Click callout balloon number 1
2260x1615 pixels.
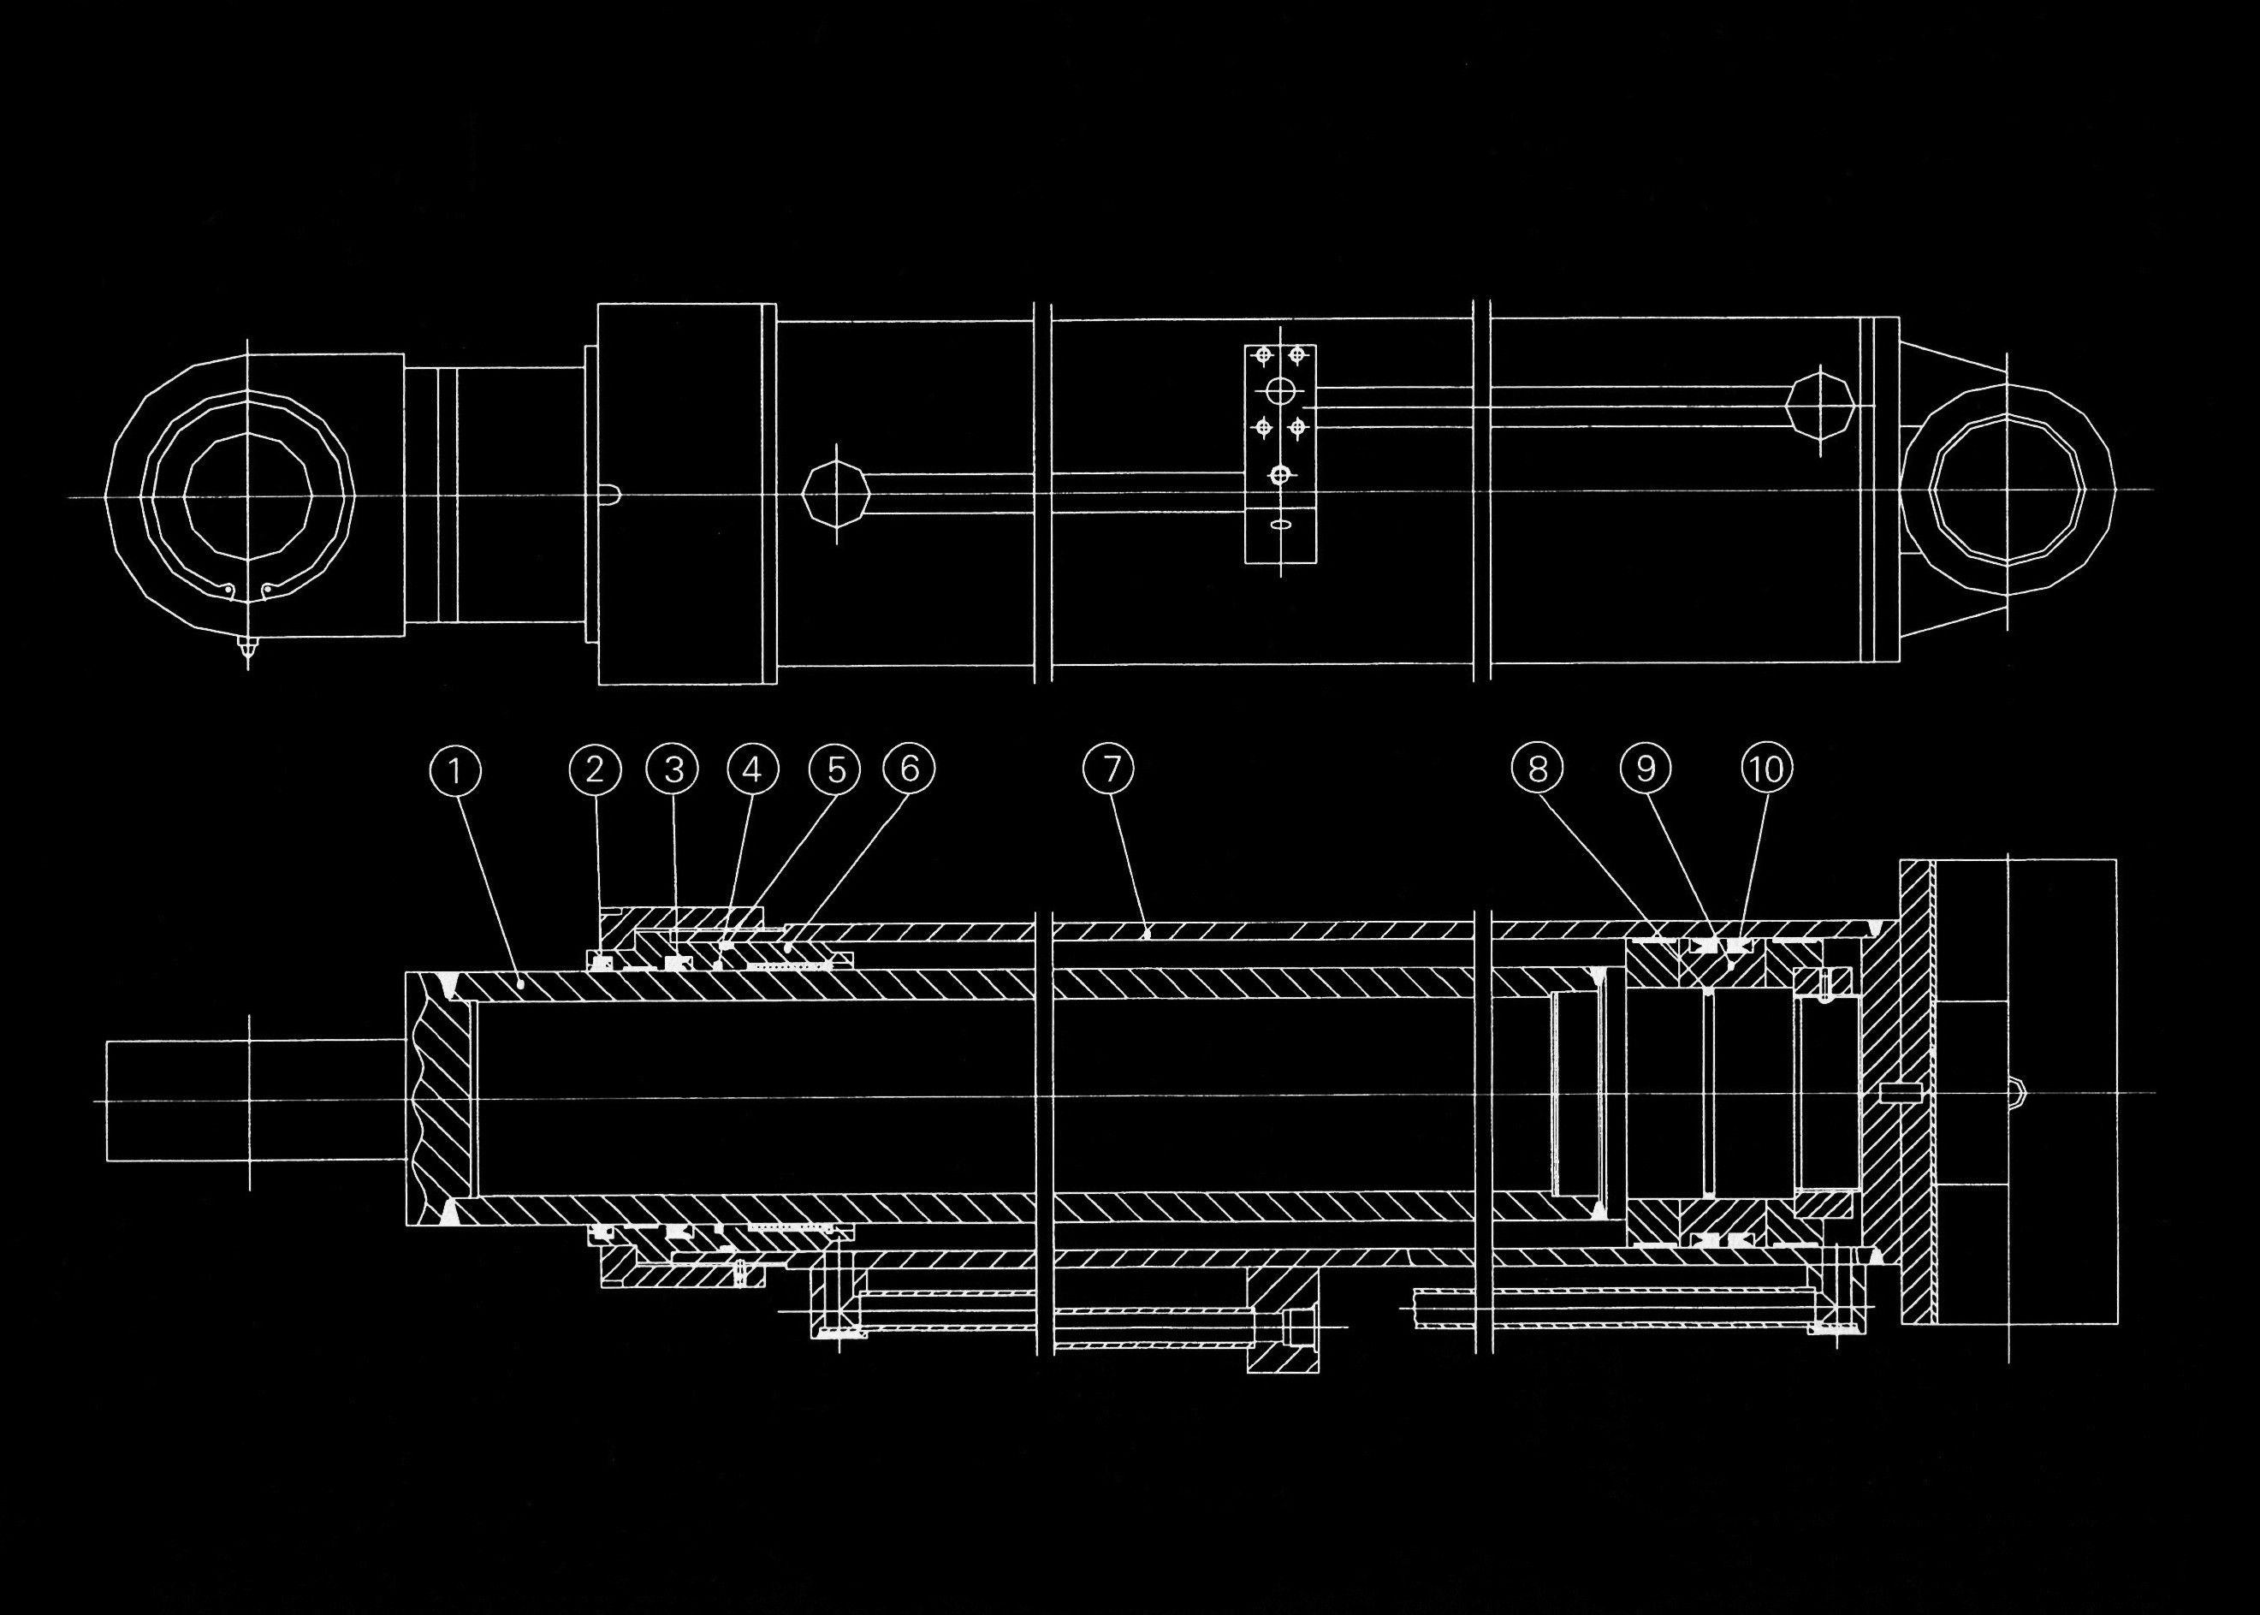point(455,771)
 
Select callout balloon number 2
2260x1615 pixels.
point(596,769)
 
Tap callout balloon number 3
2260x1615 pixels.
point(673,769)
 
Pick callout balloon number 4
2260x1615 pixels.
point(753,769)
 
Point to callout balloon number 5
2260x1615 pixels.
point(834,769)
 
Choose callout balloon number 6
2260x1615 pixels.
point(909,769)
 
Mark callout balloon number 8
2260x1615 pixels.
point(1537,769)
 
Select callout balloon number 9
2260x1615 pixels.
point(1646,769)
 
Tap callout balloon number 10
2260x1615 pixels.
point(1767,769)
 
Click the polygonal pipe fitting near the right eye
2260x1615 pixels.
point(1819,405)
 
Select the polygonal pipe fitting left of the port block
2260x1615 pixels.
point(835,494)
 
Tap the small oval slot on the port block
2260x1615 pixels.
point(1281,523)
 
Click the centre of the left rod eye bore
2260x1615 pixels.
point(247,496)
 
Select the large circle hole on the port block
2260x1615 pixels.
point(1281,389)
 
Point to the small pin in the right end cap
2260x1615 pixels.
point(1899,1093)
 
